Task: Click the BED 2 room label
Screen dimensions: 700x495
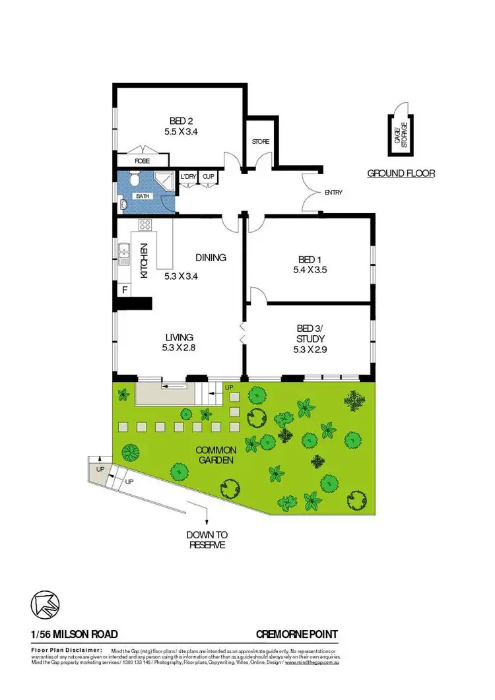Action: tap(181, 120)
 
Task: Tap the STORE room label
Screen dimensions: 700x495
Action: tap(260, 141)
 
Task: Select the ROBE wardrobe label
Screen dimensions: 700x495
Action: tap(142, 161)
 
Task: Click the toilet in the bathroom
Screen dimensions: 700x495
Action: tap(133, 179)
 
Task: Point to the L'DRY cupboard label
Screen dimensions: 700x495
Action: tap(189, 176)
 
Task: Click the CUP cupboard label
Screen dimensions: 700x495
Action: tap(209, 176)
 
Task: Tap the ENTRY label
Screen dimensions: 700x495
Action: tap(333, 193)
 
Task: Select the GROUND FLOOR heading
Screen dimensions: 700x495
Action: tap(401, 174)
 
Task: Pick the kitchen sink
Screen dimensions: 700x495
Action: tap(124, 252)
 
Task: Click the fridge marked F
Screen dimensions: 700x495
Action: tap(123, 289)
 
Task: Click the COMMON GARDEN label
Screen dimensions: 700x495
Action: tap(216, 455)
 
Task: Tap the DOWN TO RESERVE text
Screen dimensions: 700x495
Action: tap(207, 540)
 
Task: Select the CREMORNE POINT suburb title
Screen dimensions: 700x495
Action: tap(297, 635)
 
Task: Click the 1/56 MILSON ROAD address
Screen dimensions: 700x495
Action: tap(75, 635)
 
